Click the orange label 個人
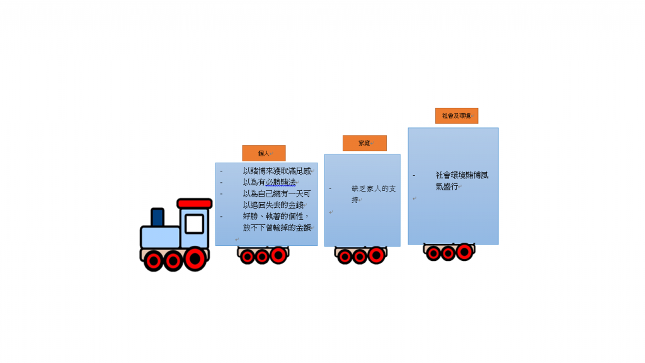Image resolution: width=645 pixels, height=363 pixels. [x=264, y=153]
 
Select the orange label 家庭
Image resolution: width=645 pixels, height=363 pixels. [x=365, y=143]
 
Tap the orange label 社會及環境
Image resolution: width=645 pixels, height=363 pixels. [x=457, y=116]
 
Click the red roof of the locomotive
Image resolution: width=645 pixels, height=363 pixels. [x=195, y=204]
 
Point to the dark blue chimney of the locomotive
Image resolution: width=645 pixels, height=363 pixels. [x=157, y=217]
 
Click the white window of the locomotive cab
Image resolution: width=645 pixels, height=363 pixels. [x=194, y=224]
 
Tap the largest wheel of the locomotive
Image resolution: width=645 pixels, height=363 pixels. [x=195, y=259]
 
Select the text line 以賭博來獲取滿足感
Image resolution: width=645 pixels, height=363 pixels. [x=277, y=171]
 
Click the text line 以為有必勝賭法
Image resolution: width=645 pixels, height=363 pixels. [x=270, y=182]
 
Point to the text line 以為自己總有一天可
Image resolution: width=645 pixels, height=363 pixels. [x=277, y=193]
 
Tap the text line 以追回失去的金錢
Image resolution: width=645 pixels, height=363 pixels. [x=273, y=205]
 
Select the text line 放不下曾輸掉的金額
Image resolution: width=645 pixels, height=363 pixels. [x=277, y=228]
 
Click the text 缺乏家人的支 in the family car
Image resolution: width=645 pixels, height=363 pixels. [x=374, y=188]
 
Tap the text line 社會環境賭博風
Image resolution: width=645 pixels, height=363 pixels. [x=462, y=175]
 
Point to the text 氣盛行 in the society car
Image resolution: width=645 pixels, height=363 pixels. [x=447, y=187]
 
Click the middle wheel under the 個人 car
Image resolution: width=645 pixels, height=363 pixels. [x=262, y=257]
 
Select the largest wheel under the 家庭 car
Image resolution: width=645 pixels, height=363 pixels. [x=376, y=255]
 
